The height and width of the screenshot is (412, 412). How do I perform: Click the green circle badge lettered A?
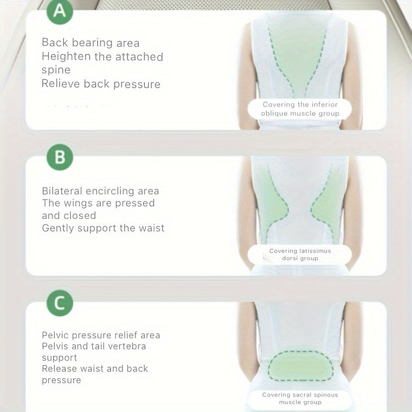[60, 11]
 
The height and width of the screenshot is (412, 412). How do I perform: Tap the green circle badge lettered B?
[60, 157]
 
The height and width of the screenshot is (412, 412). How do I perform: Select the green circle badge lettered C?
[60, 303]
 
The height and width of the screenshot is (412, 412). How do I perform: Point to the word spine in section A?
[56, 70]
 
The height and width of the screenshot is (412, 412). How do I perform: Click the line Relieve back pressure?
[101, 84]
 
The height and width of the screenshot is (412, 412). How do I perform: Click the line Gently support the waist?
[103, 228]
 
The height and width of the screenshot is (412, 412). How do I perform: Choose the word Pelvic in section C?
[56, 335]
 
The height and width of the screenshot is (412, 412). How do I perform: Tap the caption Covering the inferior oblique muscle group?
[300, 109]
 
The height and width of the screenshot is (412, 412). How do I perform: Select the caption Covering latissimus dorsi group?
[300, 255]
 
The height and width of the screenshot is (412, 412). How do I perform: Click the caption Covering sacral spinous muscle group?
[300, 398]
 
